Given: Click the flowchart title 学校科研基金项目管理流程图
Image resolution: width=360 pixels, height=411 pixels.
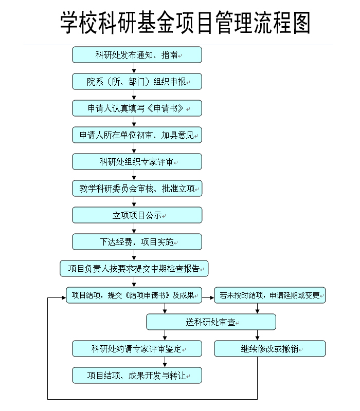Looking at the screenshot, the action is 185,23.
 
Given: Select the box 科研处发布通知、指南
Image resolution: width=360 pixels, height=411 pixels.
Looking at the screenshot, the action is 137,55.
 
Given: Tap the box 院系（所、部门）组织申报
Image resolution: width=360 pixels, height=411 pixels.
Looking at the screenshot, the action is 137,82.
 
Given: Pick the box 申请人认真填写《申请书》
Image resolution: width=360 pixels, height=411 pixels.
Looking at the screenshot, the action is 137,108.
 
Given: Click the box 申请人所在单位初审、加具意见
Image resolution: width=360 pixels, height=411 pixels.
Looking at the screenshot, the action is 137,135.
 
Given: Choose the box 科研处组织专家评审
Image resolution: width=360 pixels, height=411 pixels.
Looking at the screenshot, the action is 137,162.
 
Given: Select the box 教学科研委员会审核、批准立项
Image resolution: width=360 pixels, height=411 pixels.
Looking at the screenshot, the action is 137,189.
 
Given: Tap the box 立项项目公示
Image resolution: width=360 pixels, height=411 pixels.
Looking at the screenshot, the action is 137,215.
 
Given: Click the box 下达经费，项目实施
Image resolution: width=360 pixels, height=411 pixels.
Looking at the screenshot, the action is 137,242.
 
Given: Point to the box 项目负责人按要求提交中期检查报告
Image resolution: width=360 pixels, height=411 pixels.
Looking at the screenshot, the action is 134,269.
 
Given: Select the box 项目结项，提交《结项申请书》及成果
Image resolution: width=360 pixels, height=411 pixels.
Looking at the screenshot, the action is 134,295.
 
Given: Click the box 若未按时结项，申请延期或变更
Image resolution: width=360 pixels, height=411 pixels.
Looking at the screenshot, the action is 269,295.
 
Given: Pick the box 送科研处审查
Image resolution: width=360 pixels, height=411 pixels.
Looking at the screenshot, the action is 211,322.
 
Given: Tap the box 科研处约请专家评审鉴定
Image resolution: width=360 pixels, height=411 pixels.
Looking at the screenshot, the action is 137,349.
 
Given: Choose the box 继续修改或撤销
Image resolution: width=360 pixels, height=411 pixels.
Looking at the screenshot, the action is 269,349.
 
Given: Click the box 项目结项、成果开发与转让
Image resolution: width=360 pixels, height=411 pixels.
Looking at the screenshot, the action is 137,376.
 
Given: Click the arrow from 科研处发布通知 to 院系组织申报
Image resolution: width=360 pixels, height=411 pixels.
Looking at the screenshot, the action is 134,68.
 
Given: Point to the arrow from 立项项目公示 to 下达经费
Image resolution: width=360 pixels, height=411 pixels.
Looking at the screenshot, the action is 134,228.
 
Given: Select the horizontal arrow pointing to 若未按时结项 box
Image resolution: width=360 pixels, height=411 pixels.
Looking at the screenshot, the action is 208,297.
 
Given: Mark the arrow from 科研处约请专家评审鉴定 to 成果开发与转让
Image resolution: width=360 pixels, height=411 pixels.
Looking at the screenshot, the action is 165,362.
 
